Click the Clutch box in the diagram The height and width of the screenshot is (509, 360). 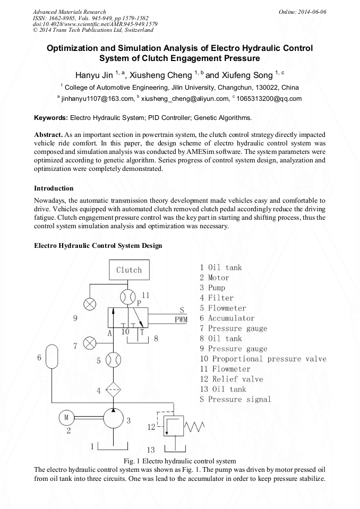[x=129, y=270]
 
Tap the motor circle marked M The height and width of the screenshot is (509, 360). [x=67, y=418]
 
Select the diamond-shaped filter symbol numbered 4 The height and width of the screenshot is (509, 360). [x=113, y=391]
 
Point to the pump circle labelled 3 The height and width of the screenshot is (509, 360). [x=113, y=418]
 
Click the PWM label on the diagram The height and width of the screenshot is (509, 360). [x=182, y=320]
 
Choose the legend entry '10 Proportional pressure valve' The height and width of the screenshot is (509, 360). [x=263, y=359]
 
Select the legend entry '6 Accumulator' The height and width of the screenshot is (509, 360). [x=227, y=318]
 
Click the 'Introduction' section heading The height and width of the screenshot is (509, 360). [x=54, y=188]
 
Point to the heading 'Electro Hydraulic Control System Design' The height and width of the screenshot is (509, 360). [x=98, y=246]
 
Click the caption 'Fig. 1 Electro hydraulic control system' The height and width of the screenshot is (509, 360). [x=179, y=461]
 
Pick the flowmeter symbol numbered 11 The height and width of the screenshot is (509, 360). [x=129, y=296]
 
